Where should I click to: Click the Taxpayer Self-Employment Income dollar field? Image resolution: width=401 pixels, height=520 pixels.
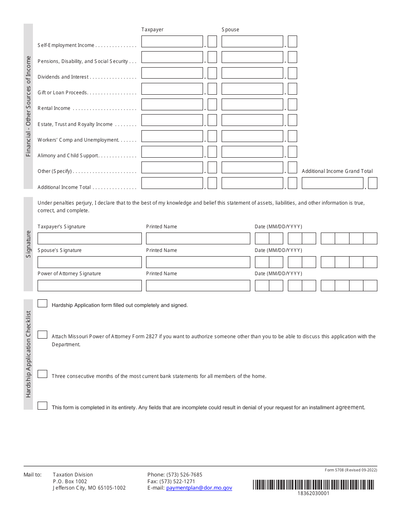[172, 41]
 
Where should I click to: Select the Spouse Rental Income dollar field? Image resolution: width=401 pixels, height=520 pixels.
[252, 104]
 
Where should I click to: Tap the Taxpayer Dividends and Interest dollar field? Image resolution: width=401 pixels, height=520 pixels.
[172, 73]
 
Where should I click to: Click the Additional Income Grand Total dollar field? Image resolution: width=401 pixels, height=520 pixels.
[333, 183]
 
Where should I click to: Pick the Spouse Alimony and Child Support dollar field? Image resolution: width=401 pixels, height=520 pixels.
[252, 152]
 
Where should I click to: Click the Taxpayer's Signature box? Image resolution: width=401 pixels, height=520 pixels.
[89, 238]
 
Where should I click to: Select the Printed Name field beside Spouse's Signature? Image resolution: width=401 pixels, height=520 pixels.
[198, 262]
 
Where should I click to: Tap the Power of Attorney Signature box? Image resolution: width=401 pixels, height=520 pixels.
[89, 285]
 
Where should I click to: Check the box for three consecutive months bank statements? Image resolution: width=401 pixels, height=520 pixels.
[42, 374]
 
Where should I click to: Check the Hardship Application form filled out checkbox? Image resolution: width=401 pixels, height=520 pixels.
[42, 303]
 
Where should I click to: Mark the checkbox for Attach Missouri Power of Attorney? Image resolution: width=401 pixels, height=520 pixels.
[42, 335]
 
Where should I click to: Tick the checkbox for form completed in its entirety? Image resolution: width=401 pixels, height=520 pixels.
[42, 406]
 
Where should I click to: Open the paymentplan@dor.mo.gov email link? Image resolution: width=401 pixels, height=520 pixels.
[199, 488]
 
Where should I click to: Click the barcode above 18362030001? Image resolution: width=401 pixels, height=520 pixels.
[314, 484]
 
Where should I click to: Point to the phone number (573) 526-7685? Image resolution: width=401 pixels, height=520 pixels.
[184, 475]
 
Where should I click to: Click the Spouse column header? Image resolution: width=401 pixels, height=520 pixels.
[230, 30]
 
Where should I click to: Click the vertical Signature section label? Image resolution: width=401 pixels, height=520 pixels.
[28, 244]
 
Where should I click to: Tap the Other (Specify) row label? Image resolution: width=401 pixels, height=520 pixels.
[55, 171]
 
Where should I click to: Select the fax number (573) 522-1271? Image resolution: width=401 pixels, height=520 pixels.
[177, 482]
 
